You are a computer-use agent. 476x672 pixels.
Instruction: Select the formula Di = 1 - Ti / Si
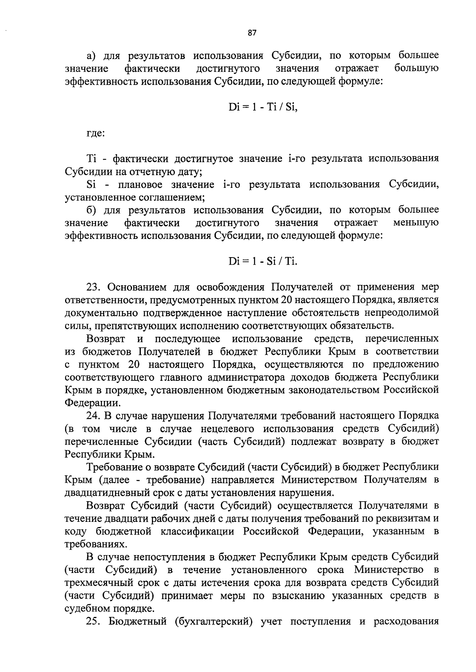[263, 107]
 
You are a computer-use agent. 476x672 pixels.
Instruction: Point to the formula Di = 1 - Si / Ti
[263, 262]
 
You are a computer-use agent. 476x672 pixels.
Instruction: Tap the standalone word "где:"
[96, 133]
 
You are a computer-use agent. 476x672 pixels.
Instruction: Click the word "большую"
[416, 69]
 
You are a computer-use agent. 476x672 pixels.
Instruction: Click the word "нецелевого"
[230, 429]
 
